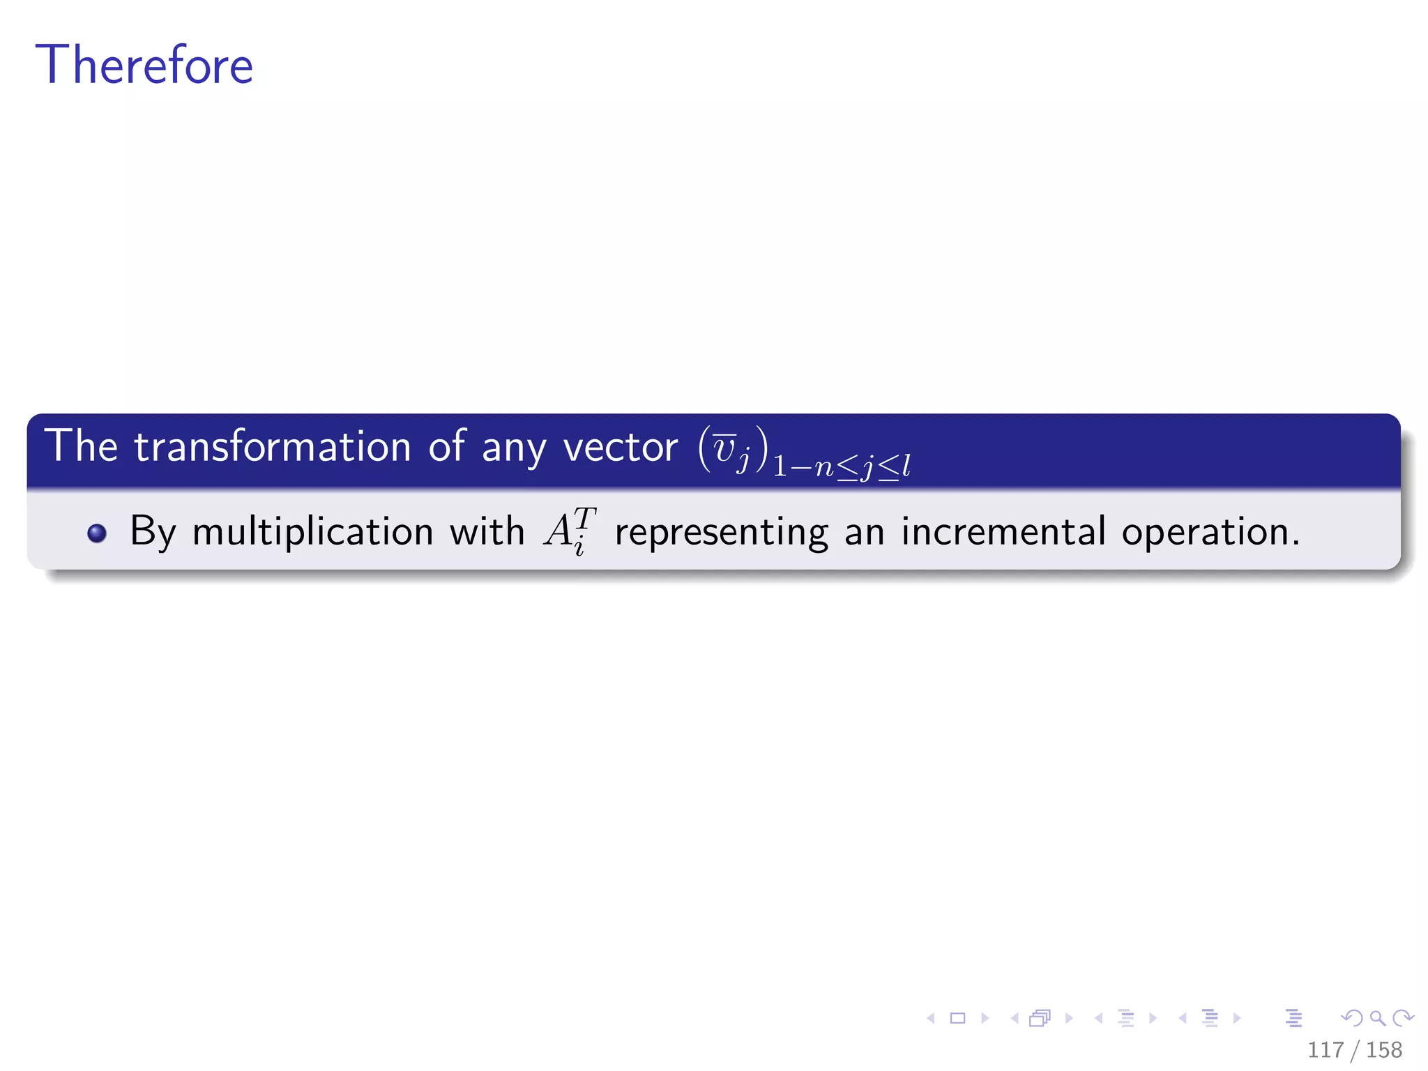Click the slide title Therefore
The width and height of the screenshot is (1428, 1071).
click(x=144, y=65)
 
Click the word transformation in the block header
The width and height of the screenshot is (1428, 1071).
click(x=273, y=447)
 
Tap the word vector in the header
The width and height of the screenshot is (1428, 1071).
click(x=620, y=447)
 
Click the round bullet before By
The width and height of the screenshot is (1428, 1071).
click(x=97, y=533)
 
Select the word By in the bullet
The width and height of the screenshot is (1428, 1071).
click(x=153, y=532)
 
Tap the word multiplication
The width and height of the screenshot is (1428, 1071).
click(x=313, y=532)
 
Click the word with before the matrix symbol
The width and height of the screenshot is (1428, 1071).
click(x=487, y=531)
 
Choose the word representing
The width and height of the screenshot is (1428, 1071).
click(x=722, y=533)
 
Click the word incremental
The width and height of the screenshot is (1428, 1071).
click(x=1003, y=531)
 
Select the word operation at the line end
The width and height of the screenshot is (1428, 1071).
click(x=1210, y=533)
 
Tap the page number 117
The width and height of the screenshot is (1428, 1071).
click(x=1326, y=1050)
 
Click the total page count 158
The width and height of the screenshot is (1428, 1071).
click(x=1384, y=1050)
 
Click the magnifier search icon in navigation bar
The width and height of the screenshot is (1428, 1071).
click(x=1377, y=1018)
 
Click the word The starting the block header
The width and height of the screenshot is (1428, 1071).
click(x=81, y=446)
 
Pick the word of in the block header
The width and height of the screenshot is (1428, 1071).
click(x=447, y=446)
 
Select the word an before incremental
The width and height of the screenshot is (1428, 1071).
click(x=865, y=533)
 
